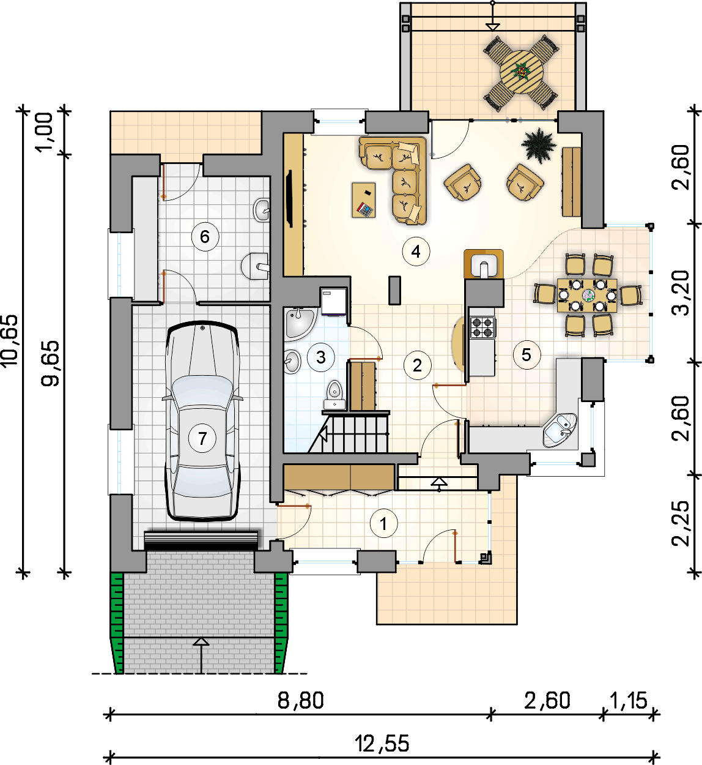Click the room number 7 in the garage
202,438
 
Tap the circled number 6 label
205,237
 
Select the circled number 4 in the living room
416,252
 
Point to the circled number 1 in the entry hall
384,524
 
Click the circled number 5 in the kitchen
526,355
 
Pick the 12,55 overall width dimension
382,743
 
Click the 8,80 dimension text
301,700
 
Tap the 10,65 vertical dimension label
10,340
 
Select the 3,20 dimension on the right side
681,293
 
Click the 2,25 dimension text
681,524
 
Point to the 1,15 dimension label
629,700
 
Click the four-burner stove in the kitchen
483,327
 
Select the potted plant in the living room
539,145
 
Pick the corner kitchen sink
559,431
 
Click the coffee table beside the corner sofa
364,200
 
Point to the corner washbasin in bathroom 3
299,323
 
